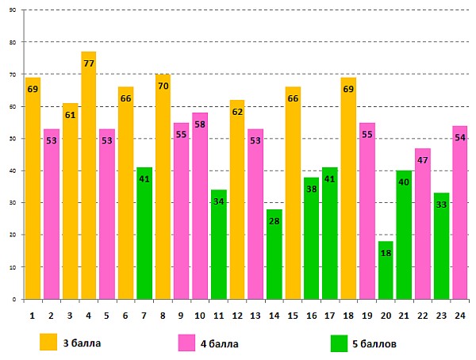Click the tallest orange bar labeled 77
(x=88, y=174)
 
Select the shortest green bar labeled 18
(x=386, y=270)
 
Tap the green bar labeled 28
(x=274, y=254)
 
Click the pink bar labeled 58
(x=200, y=206)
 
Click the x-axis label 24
(x=460, y=314)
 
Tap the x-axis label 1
(x=33, y=314)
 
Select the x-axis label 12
(x=237, y=314)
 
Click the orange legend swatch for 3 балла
(x=49, y=343)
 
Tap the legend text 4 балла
(x=218, y=343)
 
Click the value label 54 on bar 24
(x=460, y=137)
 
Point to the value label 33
(x=442, y=205)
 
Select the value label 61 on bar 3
(x=70, y=115)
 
